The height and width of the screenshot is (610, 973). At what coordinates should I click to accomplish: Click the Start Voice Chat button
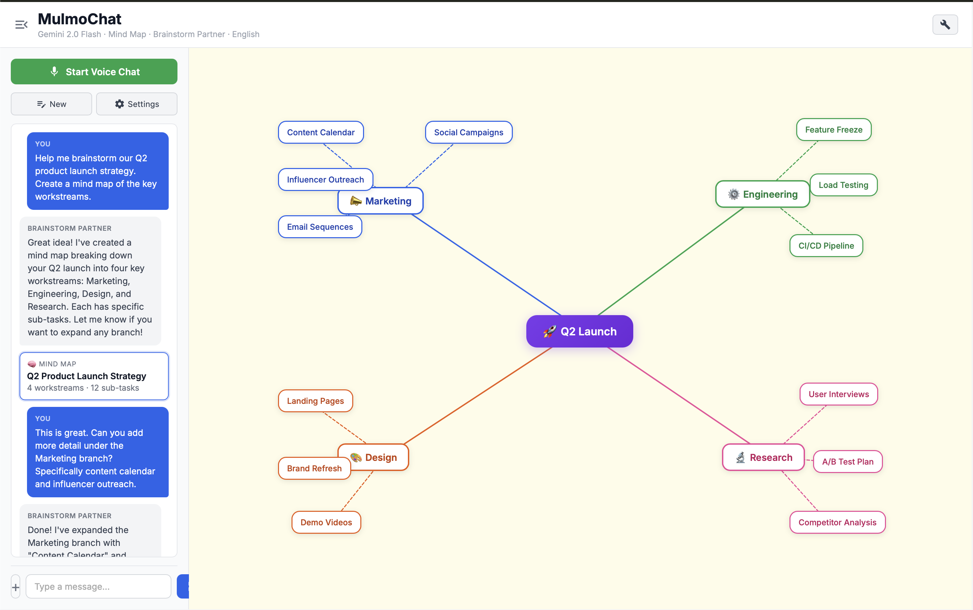click(94, 72)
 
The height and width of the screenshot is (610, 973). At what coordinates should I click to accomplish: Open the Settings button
click(137, 104)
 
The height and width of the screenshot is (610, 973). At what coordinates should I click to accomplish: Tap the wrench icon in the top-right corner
click(945, 25)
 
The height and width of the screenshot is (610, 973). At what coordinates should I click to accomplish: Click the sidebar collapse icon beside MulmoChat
click(21, 25)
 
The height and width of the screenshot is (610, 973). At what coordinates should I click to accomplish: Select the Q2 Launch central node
click(579, 331)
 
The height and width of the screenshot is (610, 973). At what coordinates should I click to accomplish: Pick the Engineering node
click(762, 194)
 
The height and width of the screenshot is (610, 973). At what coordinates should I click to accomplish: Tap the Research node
click(763, 457)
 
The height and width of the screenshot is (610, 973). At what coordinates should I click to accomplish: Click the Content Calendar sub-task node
click(321, 132)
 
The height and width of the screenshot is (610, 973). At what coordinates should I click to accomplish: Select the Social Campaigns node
click(468, 132)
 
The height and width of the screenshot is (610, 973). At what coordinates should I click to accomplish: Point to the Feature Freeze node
click(833, 130)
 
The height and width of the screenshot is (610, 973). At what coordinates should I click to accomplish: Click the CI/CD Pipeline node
click(826, 246)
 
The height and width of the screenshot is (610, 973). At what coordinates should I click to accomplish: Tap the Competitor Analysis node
click(837, 523)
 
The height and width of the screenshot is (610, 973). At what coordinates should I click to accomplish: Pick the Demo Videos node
click(326, 523)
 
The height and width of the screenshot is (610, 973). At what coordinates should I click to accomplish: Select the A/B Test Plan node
click(847, 462)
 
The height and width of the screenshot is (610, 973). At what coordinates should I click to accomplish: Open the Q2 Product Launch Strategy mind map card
click(94, 376)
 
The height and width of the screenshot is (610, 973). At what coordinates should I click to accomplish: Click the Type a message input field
click(99, 587)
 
